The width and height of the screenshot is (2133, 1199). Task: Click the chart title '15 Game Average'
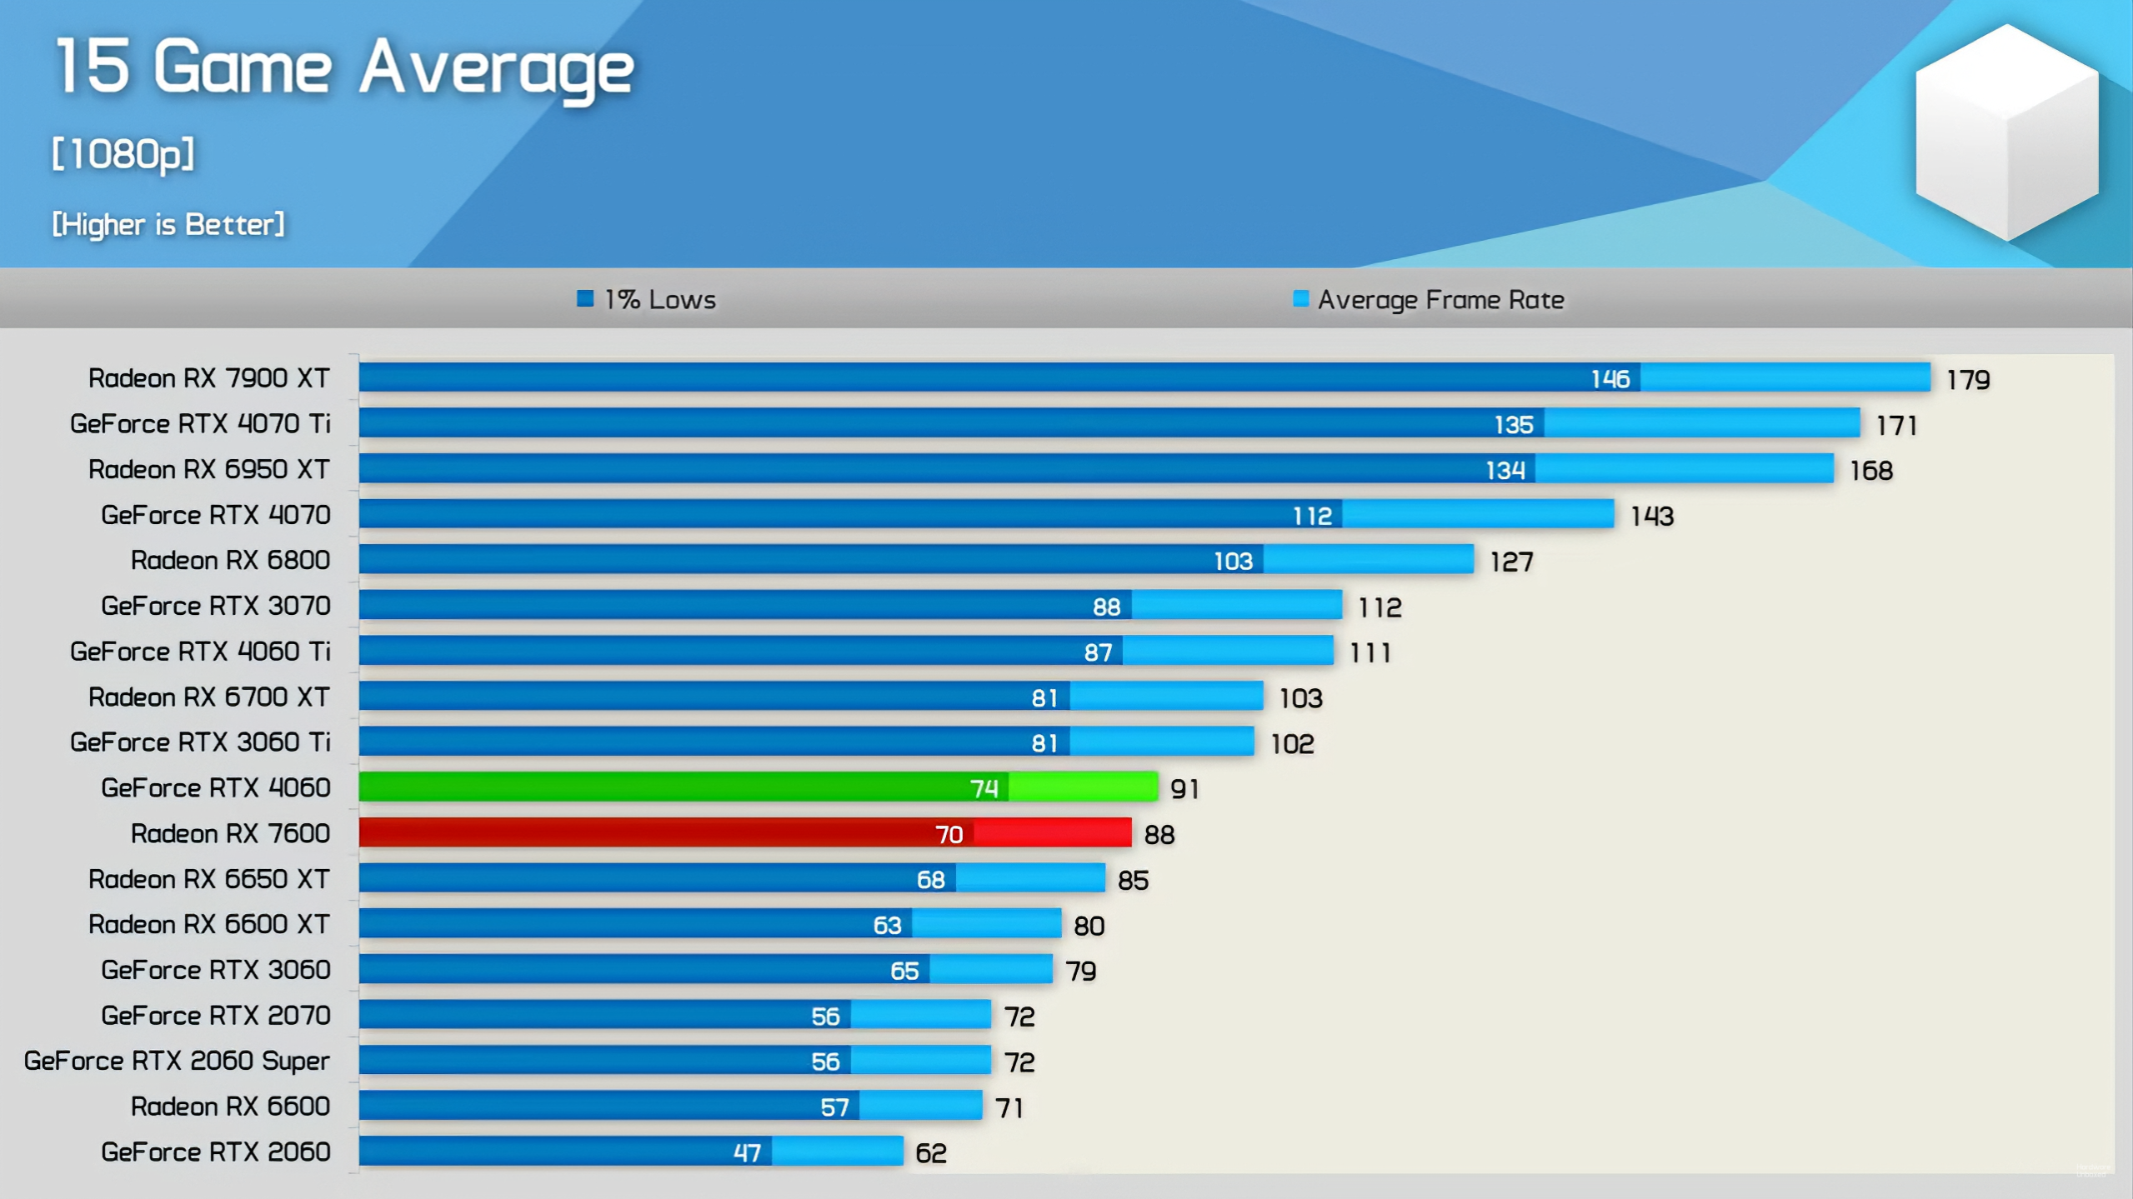tap(344, 68)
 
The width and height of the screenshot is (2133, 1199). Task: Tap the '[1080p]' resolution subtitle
tap(123, 154)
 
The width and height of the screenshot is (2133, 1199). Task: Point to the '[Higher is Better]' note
tap(168, 224)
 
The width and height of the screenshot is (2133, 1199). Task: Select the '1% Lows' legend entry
tap(647, 299)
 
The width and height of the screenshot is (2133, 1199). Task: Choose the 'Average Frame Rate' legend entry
tap(1429, 299)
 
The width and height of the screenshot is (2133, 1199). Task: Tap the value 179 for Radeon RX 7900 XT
tap(1968, 380)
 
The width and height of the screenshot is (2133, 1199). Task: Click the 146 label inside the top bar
tap(1610, 379)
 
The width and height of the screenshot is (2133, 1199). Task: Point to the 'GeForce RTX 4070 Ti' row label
tap(200, 423)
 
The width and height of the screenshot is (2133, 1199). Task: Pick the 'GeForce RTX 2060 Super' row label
tap(177, 1061)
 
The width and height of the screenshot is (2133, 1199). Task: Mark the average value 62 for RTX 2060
tap(931, 1153)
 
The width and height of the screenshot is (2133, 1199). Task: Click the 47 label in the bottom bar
tap(747, 1152)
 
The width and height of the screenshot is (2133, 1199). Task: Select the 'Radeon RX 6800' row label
tap(230, 560)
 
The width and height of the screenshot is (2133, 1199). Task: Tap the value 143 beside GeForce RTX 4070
tap(1652, 517)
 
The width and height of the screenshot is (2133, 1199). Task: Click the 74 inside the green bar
tap(984, 788)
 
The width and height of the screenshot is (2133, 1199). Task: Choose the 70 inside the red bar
tap(949, 834)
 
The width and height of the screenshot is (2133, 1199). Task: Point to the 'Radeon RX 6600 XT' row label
tap(209, 924)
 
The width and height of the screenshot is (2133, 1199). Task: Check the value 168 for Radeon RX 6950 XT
tap(1871, 471)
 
